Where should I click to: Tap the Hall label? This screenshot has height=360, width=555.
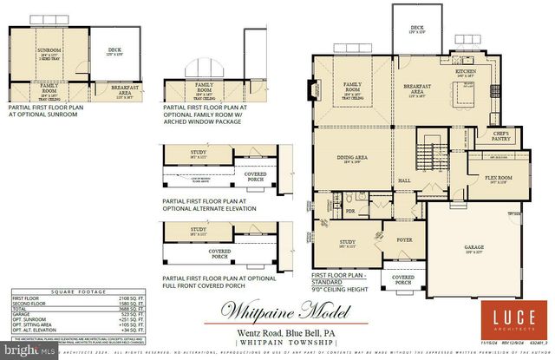404,180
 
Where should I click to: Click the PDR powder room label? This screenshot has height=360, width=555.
352,209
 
